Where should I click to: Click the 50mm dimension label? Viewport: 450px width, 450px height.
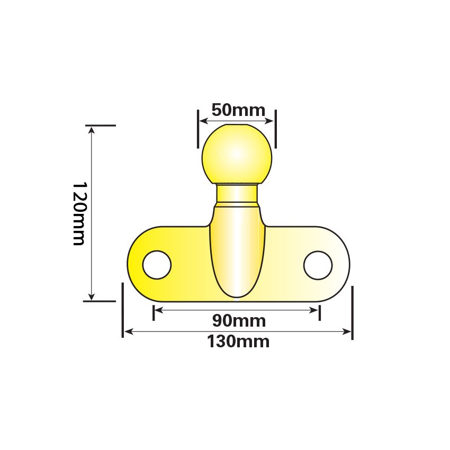tap(238, 110)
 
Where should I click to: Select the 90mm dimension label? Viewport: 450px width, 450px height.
tap(239, 321)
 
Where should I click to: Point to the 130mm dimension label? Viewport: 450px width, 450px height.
tap(238, 341)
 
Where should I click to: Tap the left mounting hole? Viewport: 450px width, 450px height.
tap(157, 264)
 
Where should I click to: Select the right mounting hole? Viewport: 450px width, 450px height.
tap(318, 264)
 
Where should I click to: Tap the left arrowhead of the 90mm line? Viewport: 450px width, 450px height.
tap(157, 310)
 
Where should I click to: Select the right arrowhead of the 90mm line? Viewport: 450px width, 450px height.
tap(317, 310)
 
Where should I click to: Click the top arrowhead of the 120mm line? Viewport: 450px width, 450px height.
tap(92, 130)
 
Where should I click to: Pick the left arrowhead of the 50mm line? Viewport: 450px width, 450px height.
tap(202, 120)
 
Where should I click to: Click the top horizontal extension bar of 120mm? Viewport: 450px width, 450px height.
tap(101, 125)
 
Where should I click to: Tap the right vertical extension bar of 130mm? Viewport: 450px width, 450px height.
tap(352, 312)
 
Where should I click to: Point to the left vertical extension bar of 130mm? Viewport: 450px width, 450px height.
tap(123, 310)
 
